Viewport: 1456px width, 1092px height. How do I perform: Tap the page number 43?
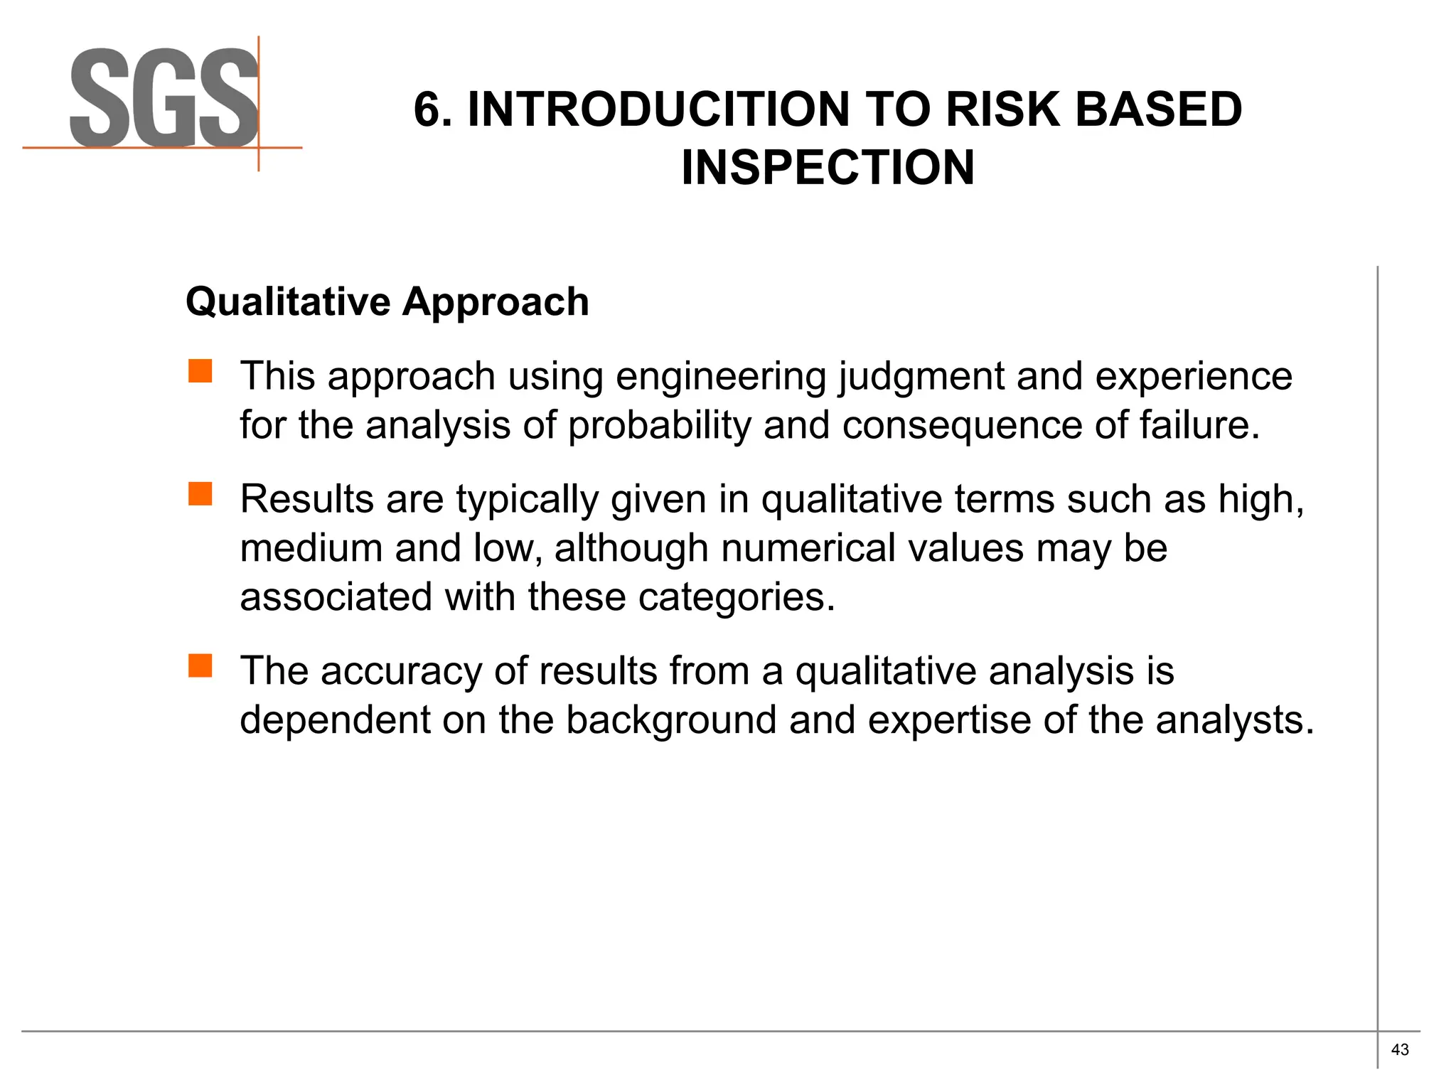pos(1400,1050)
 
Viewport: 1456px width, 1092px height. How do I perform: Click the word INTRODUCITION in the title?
pos(658,109)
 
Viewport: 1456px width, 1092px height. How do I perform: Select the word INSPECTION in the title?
pos(828,168)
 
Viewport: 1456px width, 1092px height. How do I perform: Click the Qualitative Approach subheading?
pos(387,301)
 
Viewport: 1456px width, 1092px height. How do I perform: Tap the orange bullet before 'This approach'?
pos(200,371)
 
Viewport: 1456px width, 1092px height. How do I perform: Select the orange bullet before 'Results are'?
pos(200,494)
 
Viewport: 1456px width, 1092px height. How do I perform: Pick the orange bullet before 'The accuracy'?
pos(200,666)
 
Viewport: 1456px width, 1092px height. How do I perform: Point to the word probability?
pos(659,426)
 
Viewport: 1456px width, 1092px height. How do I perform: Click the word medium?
pos(311,548)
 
